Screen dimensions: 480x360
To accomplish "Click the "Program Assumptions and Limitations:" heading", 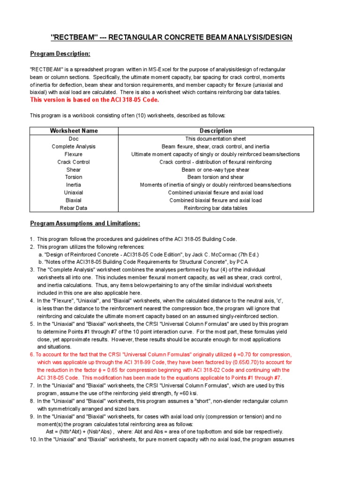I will (85, 223).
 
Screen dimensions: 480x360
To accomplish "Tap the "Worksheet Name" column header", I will (74, 131).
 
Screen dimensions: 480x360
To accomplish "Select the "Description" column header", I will (216, 131).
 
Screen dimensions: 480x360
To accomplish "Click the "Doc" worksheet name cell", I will (74, 139).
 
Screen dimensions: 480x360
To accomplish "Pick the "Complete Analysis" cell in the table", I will (74, 146).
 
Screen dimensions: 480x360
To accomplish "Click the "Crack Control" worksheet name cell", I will (74, 162).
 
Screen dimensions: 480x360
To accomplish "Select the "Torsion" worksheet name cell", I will (74, 177).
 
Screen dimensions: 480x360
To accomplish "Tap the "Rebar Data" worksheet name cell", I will (74, 208).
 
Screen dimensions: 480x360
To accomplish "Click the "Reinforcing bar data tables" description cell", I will (216, 208).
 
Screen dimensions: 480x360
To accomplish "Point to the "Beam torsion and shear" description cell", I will (216, 177).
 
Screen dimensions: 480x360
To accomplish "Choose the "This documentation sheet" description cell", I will (216, 139).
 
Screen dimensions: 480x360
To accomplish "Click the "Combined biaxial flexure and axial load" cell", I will (216, 200).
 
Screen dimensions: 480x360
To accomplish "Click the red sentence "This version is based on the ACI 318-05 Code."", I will (95, 100).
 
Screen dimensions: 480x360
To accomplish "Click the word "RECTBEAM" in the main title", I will (71, 37).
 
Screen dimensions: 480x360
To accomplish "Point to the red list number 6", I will (32, 354).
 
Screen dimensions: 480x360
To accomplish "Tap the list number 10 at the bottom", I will (33, 439).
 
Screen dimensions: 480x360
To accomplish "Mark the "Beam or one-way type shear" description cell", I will (216, 170).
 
